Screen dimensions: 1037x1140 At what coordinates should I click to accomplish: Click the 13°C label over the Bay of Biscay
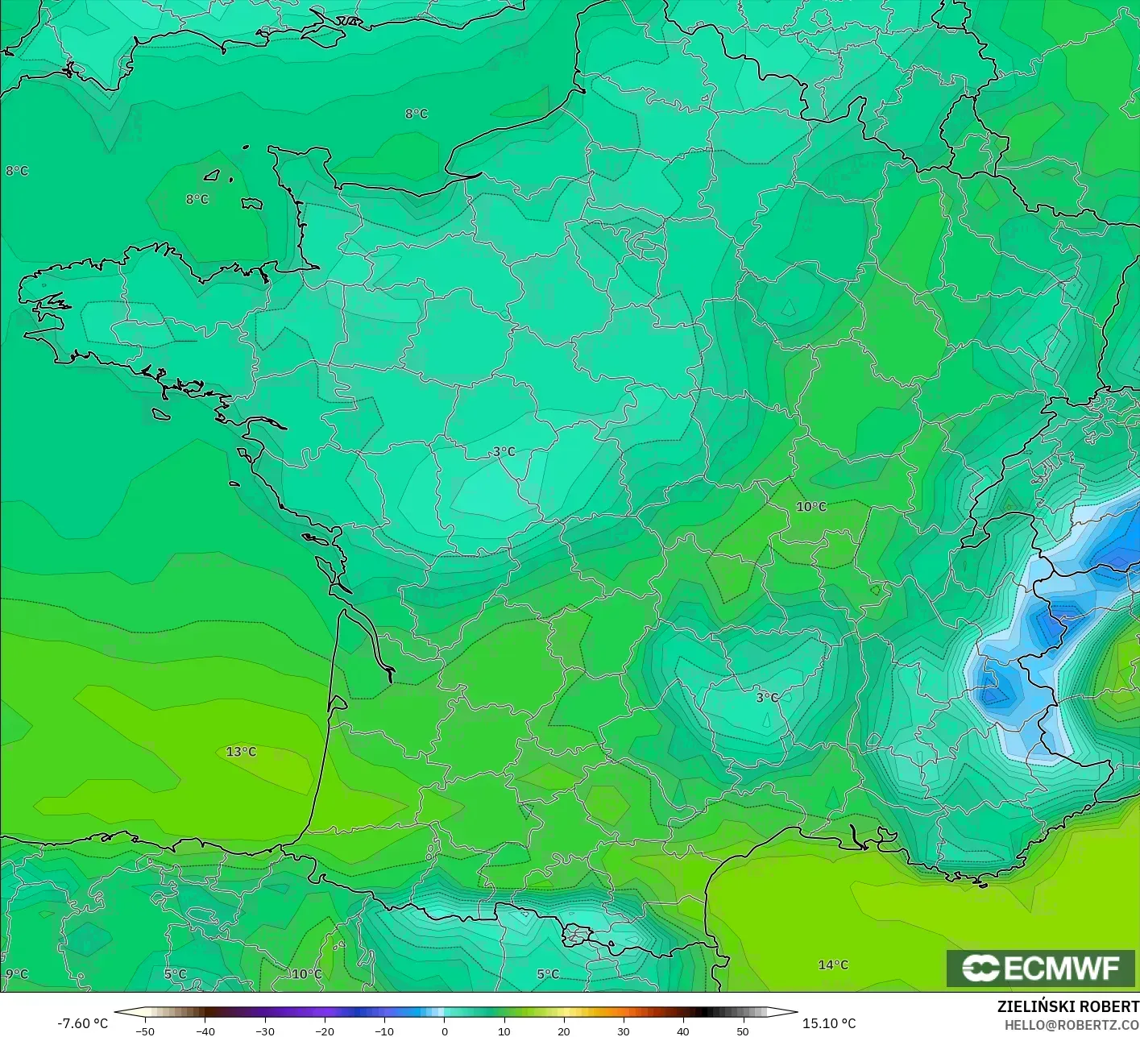(241, 752)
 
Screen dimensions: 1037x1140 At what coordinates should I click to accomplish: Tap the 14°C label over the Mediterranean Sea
(833, 964)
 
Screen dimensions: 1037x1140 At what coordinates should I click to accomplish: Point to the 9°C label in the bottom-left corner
(16, 973)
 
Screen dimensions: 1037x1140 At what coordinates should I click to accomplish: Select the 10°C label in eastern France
(811, 507)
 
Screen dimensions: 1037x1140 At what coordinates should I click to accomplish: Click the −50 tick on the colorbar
(145, 1031)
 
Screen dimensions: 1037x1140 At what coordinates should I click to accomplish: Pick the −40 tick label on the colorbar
(205, 1031)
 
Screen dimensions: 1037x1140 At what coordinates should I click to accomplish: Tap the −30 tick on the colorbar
(265, 1031)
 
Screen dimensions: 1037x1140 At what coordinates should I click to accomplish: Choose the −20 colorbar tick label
(325, 1031)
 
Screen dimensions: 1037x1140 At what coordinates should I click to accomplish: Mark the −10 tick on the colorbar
(384, 1031)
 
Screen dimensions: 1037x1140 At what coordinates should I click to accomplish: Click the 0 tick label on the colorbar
(445, 1031)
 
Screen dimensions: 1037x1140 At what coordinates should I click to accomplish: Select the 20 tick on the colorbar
(564, 1031)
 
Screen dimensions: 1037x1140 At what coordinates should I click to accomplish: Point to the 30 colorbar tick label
(624, 1031)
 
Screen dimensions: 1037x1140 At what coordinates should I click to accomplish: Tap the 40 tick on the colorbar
(683, 1031)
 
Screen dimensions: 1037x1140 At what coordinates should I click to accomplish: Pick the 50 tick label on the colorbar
(743, 1031)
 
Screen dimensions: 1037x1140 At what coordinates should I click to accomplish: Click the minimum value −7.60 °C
(82, 1023)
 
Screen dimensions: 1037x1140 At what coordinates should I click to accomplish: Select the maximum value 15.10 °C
(829, 1023)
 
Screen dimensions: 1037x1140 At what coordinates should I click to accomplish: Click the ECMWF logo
(1041, 968)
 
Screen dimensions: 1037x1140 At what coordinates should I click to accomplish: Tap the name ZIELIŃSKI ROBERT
(1067, 1006)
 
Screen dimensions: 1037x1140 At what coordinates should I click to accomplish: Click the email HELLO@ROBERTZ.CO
(1072, 1024)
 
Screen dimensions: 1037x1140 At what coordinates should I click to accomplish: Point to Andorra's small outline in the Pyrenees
(578, 935)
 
